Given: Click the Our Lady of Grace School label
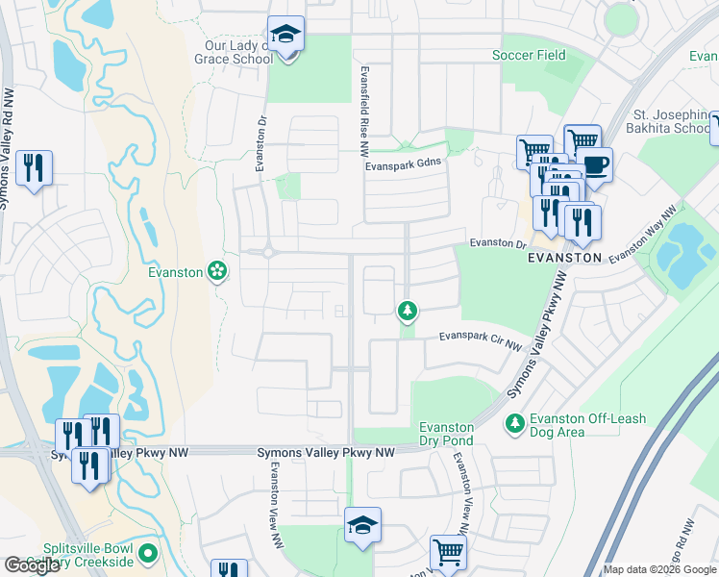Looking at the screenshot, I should [x=232, y=52].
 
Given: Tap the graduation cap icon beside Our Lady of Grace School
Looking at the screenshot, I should [x=285, y=35].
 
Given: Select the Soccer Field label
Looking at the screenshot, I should [x=529, y=55].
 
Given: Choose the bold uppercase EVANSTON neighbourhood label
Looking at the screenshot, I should [x=565, y=259].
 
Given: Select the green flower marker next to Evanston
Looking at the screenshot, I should [x=218, y=272].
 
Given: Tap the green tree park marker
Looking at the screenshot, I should [x=408, y=310].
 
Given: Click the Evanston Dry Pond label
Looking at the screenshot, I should [x=447, y=434].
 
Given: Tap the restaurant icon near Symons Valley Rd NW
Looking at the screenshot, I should [x=35, y=168].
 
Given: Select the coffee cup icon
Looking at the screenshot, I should [x=595, y=163].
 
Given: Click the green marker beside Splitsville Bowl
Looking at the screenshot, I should [x=147, y=553].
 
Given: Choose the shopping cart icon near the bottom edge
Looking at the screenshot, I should [x=447, y=552].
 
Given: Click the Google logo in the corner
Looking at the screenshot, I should [x=31, y=565].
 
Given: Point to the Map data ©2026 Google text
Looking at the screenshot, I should [x=659, y=570].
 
